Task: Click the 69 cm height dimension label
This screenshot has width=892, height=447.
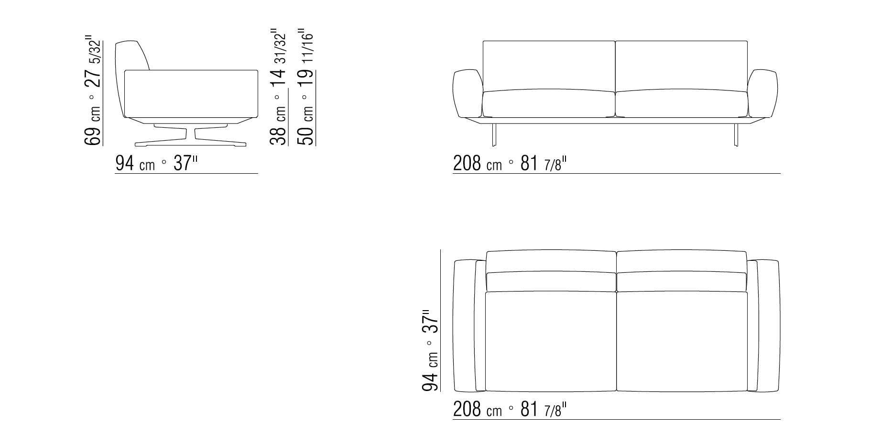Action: (x=93, y=90)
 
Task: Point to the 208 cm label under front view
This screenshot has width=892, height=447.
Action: (x=510, y=164)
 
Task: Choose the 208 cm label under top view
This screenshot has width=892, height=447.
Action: (x=510, y=410)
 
